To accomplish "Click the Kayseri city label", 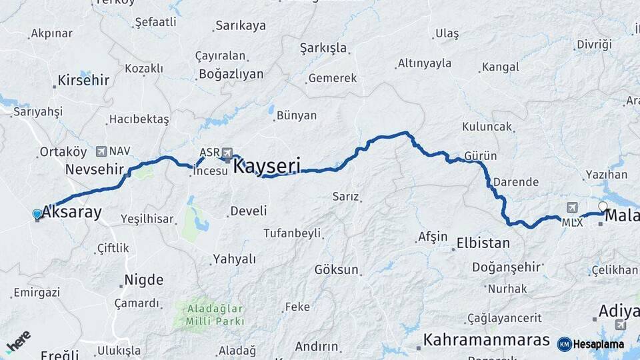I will (267, 165).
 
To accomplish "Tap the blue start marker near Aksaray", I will (37, 214).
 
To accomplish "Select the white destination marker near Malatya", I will (603, 207).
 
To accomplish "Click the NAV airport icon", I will (101, 151).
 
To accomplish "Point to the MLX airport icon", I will (571, 207).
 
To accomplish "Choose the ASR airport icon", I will (229, 153).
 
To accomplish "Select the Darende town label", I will (515, 181).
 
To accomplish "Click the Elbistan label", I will (483, 243).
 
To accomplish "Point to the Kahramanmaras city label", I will (486, 339).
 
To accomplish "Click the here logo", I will (18, 342).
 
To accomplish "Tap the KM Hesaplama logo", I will (591, 344).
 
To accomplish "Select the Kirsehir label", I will (83, 80).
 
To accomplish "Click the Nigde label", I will (142, 280).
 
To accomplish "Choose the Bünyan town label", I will (296, 115).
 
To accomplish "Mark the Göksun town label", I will (337, 270).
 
